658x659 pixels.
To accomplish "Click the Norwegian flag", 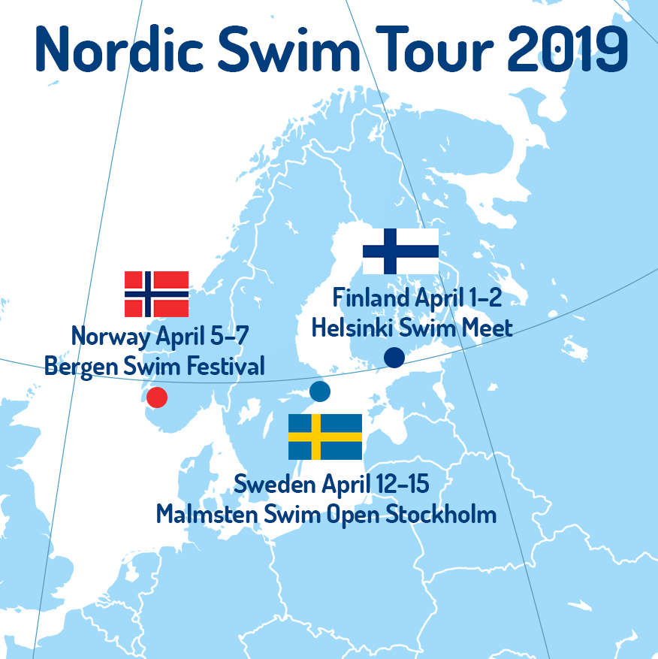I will point(156,294).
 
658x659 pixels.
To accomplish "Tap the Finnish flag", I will point(400,252).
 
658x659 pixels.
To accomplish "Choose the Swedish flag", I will point(325,437).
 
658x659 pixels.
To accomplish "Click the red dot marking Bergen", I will point(157,397).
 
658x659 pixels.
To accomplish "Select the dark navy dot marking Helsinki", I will point(394,358).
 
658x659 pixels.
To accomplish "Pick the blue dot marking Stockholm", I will point(320,391).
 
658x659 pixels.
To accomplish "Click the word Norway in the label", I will point(110,337).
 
